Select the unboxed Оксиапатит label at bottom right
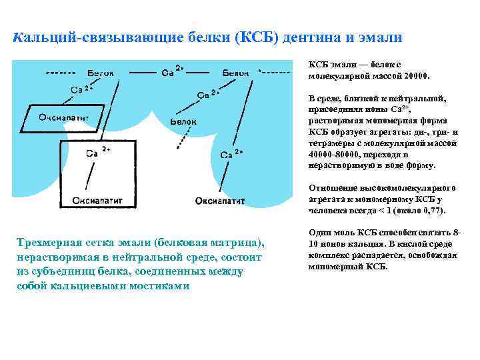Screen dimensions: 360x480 (219, 200)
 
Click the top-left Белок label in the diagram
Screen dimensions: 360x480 (100, 72)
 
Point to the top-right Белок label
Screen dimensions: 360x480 (236, 72)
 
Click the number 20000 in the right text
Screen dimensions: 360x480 (416, 75)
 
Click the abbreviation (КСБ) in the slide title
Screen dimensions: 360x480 (256, 37)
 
